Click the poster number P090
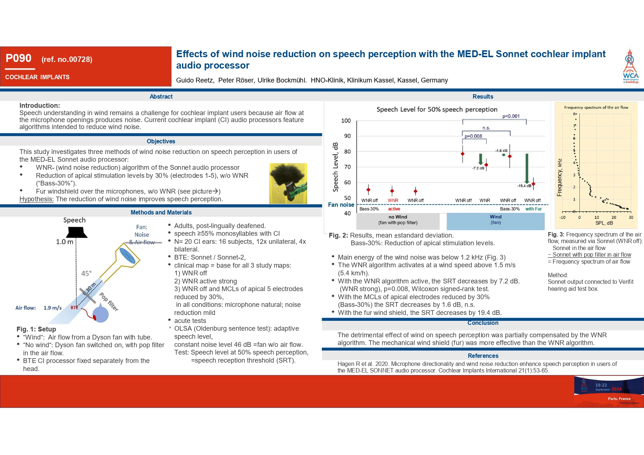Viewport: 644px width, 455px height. tap(19, 58)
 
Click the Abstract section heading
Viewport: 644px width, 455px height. tap(161, 96)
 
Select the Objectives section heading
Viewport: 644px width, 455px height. tap(161, 141)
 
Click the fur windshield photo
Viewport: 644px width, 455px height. tap(288, 183)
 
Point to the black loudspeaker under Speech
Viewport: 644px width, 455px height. tap(76, 232)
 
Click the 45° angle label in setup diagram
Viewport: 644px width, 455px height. tap(86, 274)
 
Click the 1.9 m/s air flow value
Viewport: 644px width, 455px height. tap(52, 308)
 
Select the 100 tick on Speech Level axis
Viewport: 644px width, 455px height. tap(346, 121)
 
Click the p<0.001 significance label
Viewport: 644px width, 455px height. tap(511, 116)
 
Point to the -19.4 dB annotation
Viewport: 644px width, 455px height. tap(524, 186)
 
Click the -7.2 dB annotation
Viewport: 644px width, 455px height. tap(478, 168)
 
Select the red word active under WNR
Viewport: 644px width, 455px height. tap(394, 209)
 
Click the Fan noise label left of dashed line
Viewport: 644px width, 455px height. tap(341, 205)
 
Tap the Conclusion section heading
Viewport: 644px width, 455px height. tap(483, 323)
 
